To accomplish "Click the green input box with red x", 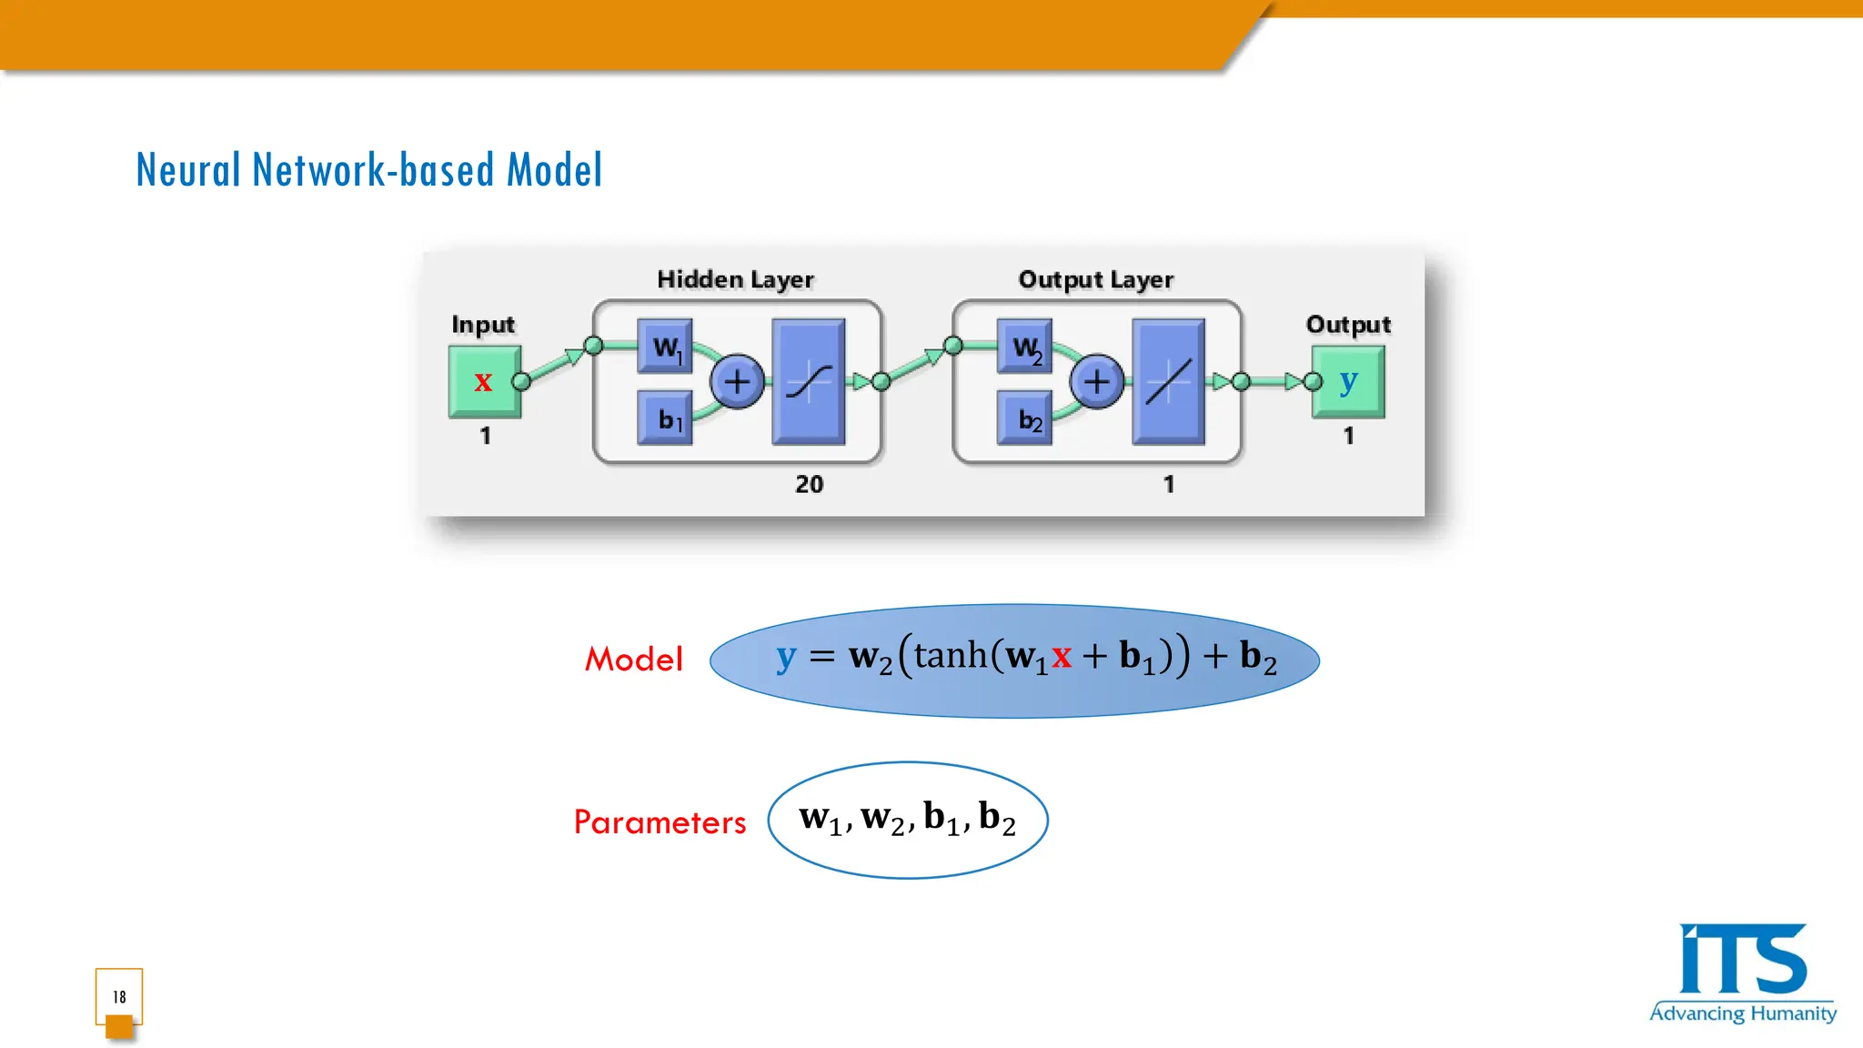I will point(484,381).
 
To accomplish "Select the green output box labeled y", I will point(1348,381).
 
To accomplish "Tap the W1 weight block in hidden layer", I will point(665,346).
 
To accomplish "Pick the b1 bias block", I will point(665,418).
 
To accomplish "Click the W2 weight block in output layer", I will point(1024,346).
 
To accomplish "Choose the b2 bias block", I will point(1025,418).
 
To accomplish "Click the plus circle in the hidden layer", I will point(737,381).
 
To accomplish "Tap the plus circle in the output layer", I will point(1096,381).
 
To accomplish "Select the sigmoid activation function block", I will point(809,381).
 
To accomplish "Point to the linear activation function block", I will point(1168,381).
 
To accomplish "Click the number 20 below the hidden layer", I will point(809,484).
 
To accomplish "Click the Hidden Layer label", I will point(735,279).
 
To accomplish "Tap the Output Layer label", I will point(1095,279).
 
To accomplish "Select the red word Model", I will point(633,660).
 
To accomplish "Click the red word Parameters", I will point(660,822).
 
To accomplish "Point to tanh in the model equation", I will point(950,655).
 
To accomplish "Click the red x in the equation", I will point(1061,657).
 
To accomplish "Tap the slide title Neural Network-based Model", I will point(368,170).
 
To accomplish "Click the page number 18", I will point(119,997).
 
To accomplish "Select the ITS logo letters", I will point(1742,960).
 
